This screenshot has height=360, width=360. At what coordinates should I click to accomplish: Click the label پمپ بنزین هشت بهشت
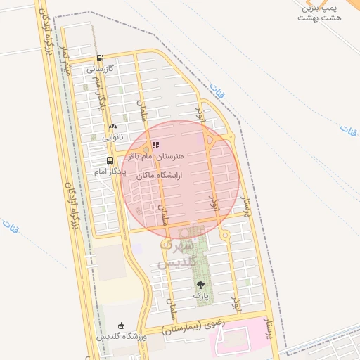322,12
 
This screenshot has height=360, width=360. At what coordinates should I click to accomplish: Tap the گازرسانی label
99,70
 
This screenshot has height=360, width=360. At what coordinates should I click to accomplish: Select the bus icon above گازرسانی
99,59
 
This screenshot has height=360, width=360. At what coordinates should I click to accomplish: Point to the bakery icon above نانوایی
112,127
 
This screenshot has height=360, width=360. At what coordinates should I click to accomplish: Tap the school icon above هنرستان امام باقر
155,146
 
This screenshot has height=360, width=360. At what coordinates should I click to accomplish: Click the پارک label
201,297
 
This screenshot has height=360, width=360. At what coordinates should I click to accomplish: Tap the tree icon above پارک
201,285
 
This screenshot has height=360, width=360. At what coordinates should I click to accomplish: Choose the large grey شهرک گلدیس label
173,254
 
